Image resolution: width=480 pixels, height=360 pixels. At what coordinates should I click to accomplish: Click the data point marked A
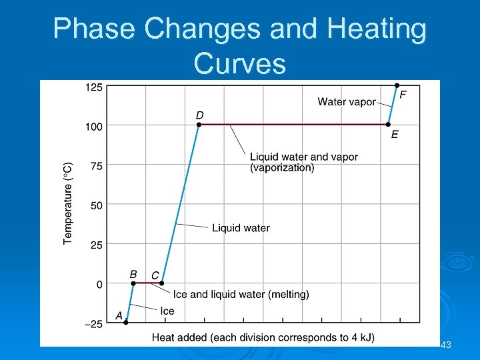(x=125, y=322)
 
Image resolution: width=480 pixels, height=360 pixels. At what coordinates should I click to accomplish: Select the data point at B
(x=133, y=283)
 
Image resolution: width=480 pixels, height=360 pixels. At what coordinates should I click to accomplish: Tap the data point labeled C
(x=161, y=283)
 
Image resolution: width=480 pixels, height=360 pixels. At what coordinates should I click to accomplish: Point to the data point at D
(x=199, y=125)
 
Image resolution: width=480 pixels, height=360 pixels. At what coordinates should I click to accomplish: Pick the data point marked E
(x=389, y=125)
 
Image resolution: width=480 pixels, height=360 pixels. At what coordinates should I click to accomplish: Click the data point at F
(x=397, y=85)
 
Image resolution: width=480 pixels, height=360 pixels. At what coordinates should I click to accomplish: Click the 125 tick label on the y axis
(x=93, y=87)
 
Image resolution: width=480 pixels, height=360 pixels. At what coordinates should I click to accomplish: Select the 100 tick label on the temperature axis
(x=93, y=126)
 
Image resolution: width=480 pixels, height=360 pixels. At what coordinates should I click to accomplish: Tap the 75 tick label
(x=96, y=166)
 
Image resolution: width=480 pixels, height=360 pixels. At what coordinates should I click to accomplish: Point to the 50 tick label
(x=96, y=205)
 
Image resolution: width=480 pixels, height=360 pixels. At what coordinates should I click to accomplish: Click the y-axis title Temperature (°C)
(x=68, y=203)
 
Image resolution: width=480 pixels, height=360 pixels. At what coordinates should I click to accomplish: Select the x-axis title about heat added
(x=263, y=337)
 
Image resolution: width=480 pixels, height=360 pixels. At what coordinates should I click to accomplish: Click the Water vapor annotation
(x=347, y=102)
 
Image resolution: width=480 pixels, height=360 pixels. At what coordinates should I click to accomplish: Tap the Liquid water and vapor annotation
(x=303, y=162)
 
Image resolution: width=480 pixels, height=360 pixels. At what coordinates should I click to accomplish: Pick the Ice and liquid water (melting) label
(x=241, y=294)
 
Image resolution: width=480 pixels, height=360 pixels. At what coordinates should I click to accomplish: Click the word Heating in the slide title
(x=374, y=30)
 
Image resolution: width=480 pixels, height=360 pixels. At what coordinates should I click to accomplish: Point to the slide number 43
(x=447, y=345)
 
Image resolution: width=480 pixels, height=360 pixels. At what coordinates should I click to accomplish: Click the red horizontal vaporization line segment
(x=293, y=125)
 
